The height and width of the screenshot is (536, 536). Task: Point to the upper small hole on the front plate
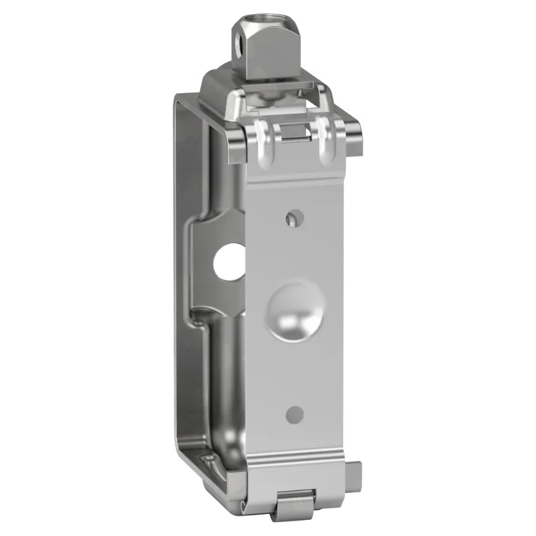click(x=293, y=218)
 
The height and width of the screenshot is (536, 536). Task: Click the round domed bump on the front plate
click(x=295, y=310)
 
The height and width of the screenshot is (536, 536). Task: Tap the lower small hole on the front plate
click(x=295, y=415)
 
